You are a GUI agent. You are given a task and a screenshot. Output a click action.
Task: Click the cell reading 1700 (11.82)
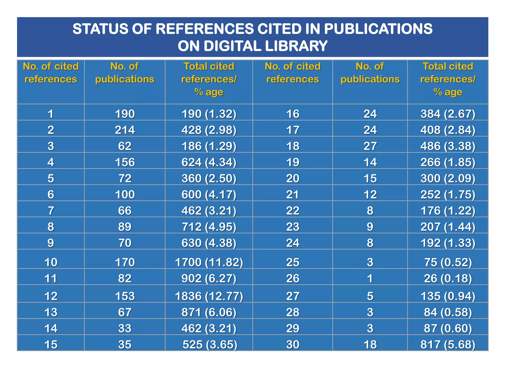209,262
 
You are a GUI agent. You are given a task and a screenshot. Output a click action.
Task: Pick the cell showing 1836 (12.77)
209,296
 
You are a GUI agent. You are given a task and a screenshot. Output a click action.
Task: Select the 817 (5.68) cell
448,345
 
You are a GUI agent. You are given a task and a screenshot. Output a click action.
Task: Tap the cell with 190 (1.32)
209,114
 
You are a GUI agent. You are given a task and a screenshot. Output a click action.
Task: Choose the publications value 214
125,130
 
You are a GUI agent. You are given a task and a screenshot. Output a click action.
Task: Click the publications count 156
125,162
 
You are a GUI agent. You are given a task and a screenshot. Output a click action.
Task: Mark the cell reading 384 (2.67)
448,114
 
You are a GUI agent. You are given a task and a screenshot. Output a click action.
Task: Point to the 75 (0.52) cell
448,262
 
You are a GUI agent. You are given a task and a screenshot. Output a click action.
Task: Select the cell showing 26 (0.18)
448,278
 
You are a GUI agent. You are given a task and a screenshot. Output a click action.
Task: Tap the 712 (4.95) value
209,227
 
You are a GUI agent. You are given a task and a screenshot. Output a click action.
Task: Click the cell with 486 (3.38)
448,146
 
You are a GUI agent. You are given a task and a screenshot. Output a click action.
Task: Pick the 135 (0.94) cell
448,296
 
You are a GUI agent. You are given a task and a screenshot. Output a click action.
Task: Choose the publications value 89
125,227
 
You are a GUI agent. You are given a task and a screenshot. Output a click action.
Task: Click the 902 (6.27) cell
209,278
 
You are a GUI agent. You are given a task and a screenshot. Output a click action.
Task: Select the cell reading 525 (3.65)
210,345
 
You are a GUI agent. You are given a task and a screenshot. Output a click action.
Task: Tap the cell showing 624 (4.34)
209,162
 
